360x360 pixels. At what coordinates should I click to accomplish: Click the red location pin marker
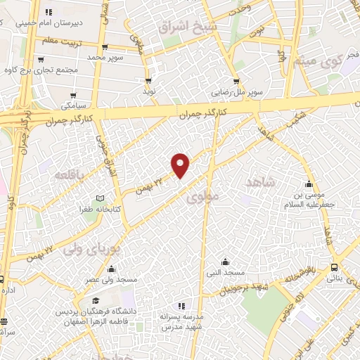(181, 165)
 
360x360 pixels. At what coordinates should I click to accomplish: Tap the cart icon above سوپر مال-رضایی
(236, 82)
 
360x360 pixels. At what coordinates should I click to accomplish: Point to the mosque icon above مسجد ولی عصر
(111, 268)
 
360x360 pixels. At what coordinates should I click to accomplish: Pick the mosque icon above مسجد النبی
(224, 262)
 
